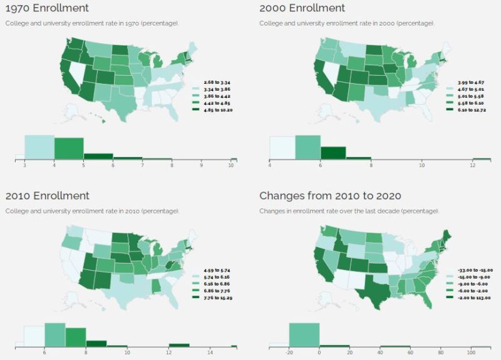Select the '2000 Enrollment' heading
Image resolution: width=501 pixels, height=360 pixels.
point(302,8)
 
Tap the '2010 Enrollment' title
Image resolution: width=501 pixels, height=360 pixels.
point(47,196)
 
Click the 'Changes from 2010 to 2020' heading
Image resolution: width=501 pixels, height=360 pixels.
point(330,196)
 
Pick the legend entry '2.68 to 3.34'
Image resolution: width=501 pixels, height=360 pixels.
point(215,81)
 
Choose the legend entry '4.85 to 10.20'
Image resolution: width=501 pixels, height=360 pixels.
point(217,110)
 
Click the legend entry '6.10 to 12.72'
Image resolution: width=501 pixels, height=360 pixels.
point(470,110)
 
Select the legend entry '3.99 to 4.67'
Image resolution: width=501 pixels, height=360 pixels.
point(470,82)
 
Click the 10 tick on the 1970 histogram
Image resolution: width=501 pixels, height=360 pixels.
point(231,166)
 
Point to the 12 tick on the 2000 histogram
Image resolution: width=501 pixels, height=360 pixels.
point(472,166)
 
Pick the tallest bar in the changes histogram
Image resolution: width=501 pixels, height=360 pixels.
point(304,334)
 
